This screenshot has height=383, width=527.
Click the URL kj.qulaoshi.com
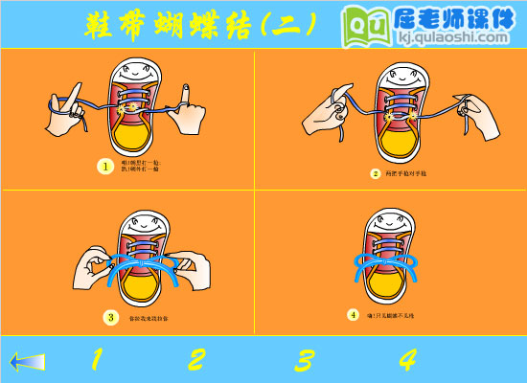click(447, 37)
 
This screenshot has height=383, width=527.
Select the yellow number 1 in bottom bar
click(95, 360)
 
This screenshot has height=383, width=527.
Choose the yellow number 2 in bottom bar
click(195, 360)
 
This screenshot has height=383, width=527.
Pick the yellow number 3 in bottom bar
click(304, 360)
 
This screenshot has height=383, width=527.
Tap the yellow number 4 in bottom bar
click(407, 360)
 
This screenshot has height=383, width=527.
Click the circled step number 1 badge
click(105, 167)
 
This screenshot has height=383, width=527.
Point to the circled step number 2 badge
click(376, 174)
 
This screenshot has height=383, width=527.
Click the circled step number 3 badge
click(111, 317)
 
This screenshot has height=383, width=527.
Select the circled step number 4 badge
click(353, 314)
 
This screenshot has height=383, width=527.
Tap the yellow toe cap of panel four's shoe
click(392, 286)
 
